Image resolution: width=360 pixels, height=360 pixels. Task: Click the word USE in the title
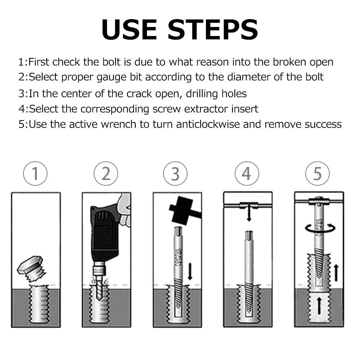[x=129, y=30]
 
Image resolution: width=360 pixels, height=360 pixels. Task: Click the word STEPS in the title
[x=213, y=30]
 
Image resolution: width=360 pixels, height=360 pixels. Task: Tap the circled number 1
[x=35, y=174]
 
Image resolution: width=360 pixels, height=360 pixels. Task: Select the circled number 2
[x=106, y=174]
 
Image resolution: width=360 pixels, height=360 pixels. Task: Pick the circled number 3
[x=175, y=174]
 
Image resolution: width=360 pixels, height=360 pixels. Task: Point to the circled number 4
[x=247, y=174]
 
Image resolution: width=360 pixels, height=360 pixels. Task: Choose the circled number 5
[x=318, y=174]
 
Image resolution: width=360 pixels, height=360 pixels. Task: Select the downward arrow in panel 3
[x=190, y=271]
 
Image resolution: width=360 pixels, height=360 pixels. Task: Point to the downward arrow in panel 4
[x=249, y=214]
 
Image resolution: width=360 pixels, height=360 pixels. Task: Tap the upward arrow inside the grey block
[x=319, y=305]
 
